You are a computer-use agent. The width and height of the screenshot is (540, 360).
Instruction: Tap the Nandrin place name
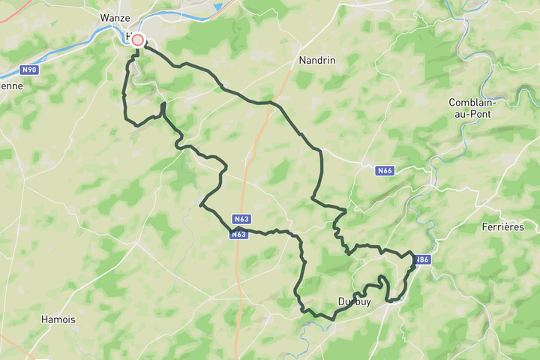[315, 60]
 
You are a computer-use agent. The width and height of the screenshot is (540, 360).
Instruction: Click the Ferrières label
[502, 226]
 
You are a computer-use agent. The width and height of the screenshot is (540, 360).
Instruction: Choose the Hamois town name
[58, 319]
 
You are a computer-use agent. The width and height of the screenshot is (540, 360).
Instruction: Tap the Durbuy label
[354, 301]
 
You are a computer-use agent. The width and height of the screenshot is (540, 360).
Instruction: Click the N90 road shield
[30, 70]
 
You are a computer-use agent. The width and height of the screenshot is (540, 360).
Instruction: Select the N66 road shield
[385, 171]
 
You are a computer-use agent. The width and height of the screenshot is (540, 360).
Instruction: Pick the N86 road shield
[422, 259]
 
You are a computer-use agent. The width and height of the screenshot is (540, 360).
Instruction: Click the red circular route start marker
[137, 40]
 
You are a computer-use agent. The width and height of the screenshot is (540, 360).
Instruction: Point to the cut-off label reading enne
[10, 85]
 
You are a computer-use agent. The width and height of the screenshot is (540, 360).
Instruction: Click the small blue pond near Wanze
[218, 7]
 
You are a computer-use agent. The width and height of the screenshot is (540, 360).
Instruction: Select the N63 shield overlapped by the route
[238, 234]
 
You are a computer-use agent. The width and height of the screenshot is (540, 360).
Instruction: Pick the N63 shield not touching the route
[241, 219]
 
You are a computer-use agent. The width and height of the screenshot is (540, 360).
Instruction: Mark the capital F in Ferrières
[484, 226]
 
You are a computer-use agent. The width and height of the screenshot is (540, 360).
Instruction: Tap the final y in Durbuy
[367, 303]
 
